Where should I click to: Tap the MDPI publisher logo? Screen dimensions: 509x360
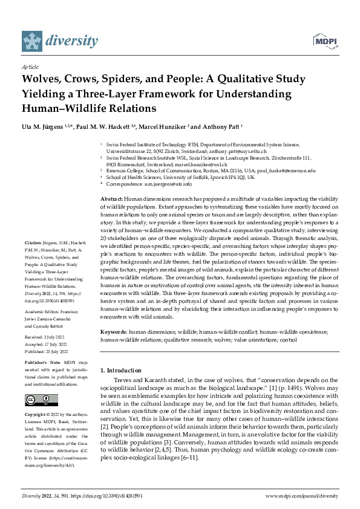326,41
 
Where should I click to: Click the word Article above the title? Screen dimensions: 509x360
30,68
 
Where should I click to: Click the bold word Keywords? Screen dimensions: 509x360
114,332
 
